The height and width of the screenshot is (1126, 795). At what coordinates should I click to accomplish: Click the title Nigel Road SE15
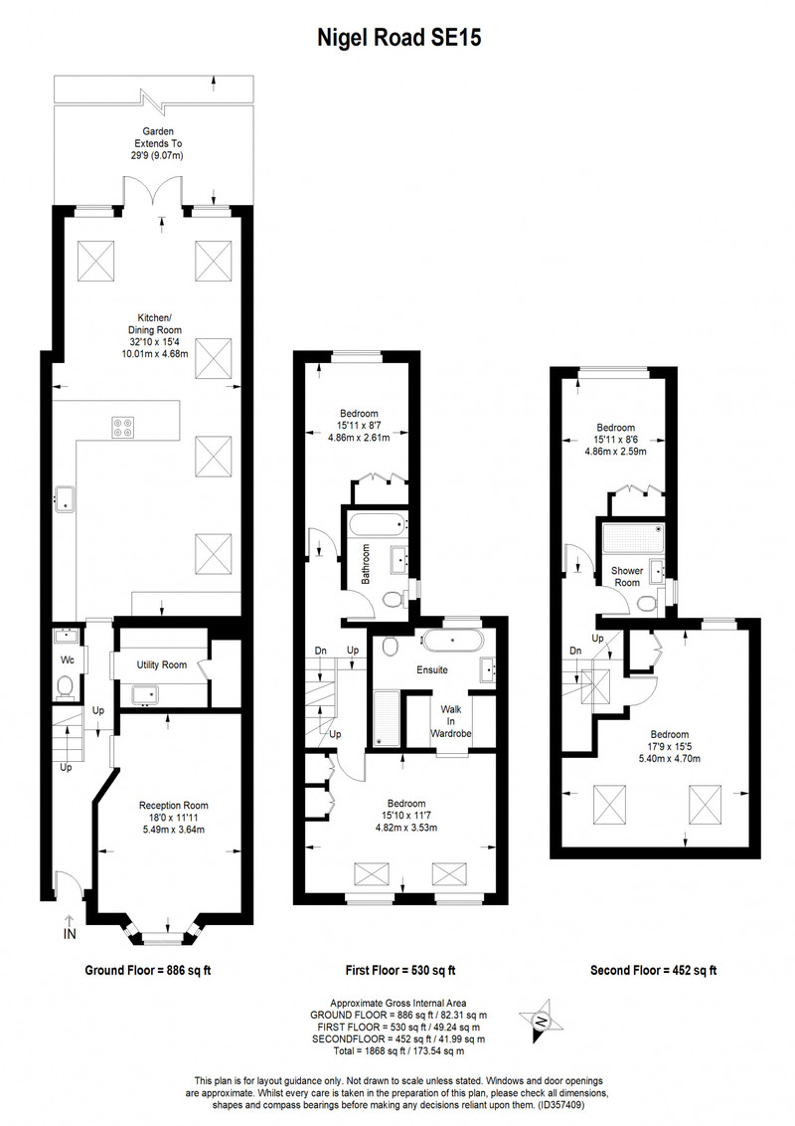398,38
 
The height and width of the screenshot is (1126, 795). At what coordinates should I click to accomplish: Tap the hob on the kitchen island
122,428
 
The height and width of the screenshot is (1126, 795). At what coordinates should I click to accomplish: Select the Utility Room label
161,665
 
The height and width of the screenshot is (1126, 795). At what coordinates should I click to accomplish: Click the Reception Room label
174,806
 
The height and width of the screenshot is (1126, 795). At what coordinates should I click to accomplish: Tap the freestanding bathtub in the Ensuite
452,640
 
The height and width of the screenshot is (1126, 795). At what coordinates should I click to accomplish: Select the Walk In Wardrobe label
451,721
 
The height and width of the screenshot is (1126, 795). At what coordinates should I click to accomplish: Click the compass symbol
542,1021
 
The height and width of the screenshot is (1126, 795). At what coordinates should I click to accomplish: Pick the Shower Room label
627,577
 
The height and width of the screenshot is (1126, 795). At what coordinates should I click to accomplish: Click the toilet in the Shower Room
648,602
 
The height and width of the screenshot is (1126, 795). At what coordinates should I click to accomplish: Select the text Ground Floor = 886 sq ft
148,970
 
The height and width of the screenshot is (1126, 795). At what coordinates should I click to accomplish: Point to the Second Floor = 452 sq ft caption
654,970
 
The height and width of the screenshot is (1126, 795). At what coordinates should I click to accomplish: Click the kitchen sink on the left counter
66,497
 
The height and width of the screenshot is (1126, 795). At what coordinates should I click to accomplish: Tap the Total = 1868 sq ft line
397,1051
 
